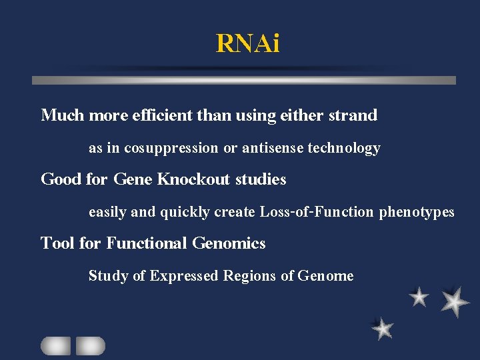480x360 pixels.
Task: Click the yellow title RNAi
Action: [x=248, y=43]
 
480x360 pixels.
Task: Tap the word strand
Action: [x=353, y=115]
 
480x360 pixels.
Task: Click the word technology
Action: [x=344, y=148]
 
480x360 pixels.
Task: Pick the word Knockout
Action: [x=193, y=179]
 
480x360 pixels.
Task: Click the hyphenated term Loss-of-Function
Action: [x=317, y=212]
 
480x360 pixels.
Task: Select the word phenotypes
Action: [x=417, y=212]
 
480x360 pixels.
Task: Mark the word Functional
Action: [x=146, y=243]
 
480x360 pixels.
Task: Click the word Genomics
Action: [x=229, y=243]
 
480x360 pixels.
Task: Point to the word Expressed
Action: [x=183, y=275]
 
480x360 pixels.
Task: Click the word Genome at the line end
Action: [x=325, y=275]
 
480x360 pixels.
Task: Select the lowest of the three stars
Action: [x=383, y=328]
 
